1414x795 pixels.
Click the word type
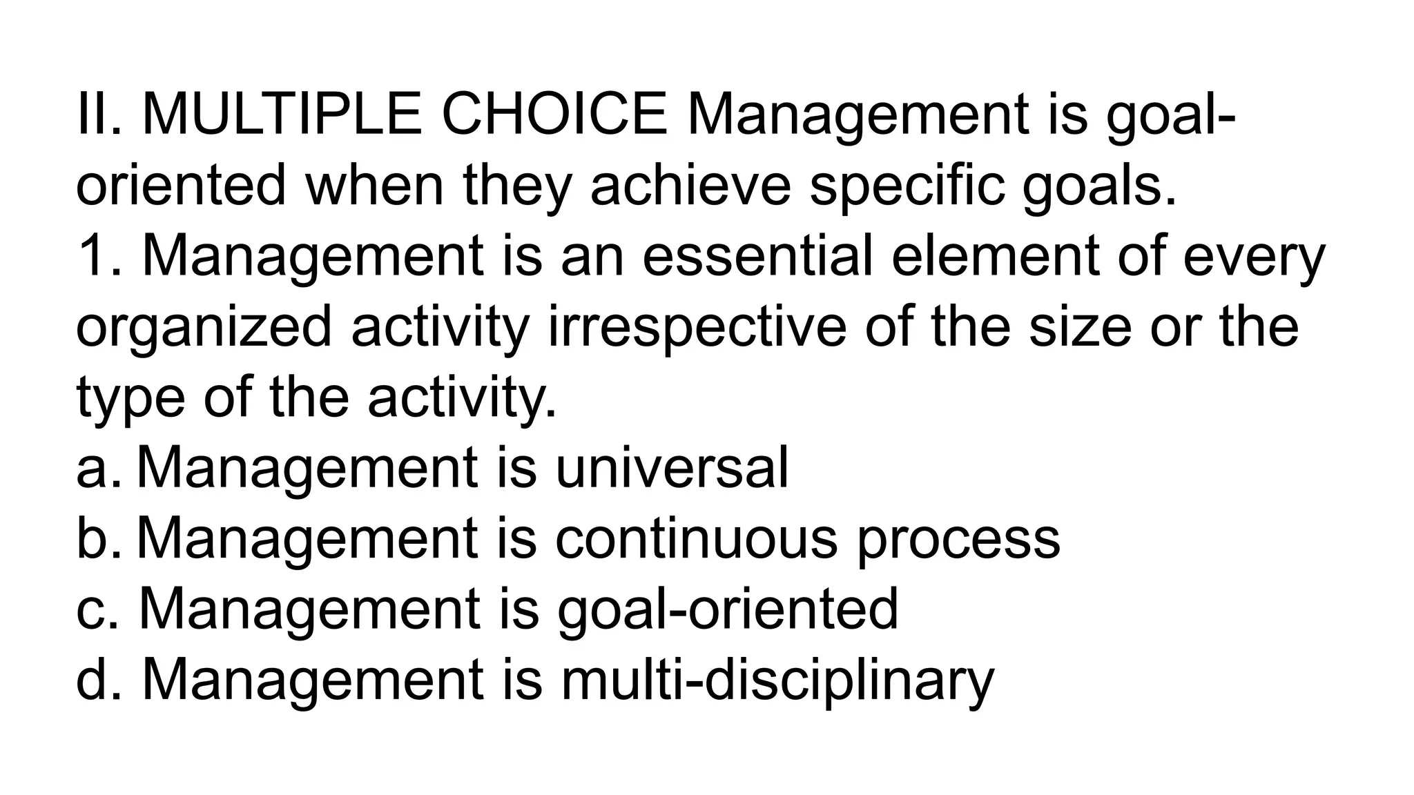pos(130,398)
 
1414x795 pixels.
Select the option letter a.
pos(92,469)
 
